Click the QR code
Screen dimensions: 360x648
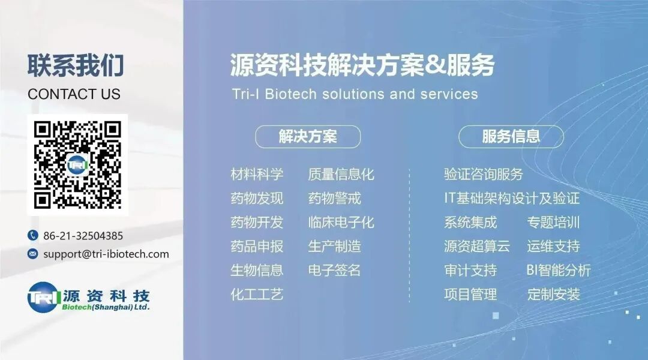point(77,164)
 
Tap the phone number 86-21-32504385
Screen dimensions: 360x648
point(83,236)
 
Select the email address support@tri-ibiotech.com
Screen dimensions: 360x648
point(106,254)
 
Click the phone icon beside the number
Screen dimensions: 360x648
point(32,236)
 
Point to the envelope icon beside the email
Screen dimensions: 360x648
point(32,254)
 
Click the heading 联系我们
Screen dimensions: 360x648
point(75,65)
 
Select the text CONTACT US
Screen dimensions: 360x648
point(74,94)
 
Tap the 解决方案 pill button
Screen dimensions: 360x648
point(308,137)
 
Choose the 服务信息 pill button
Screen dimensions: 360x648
point(511,137)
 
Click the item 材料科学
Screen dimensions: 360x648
point(257,175)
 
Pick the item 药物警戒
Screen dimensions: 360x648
point(334,198)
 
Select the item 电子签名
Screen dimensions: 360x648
point(334,270)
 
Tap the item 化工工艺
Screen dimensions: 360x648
point(257,294)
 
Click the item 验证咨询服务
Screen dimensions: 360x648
point(484,175)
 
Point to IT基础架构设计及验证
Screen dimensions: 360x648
point(512,198)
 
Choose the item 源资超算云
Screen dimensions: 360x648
point(477,246)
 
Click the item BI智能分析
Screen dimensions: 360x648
point(559,270)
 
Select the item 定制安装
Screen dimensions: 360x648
point(554,294)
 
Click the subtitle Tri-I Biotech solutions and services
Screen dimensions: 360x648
point(355,94)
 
